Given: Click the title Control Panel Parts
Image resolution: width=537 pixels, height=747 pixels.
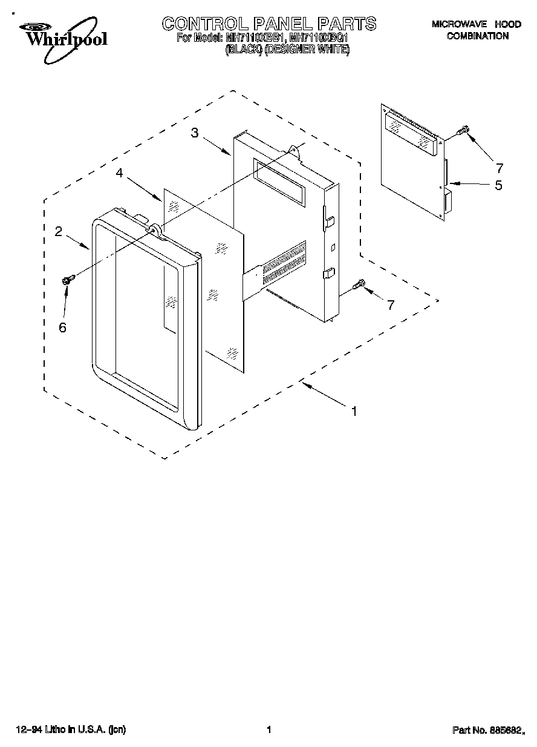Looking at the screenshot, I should tap(269, 24).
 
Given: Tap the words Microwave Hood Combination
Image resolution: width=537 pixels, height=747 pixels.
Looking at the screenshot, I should tap(477, 30).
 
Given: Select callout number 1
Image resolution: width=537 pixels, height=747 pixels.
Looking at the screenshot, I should tap(354, 410).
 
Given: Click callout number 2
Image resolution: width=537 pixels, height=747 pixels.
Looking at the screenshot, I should tap(59, 231).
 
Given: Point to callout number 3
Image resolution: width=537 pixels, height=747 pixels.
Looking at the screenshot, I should tap(195, 133).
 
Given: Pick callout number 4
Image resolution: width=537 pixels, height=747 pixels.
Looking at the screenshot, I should tap(120, 173).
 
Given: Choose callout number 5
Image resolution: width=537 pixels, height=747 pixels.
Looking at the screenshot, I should tap(498, 185).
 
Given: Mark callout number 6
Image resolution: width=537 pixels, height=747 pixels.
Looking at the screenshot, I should tap(62, 327).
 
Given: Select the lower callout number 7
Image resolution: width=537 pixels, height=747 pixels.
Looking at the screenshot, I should tap(391, 305).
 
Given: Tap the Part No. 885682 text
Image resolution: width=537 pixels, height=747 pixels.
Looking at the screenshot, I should tap(487, 730).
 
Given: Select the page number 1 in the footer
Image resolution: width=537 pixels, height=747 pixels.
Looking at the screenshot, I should tap(268, 730).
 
